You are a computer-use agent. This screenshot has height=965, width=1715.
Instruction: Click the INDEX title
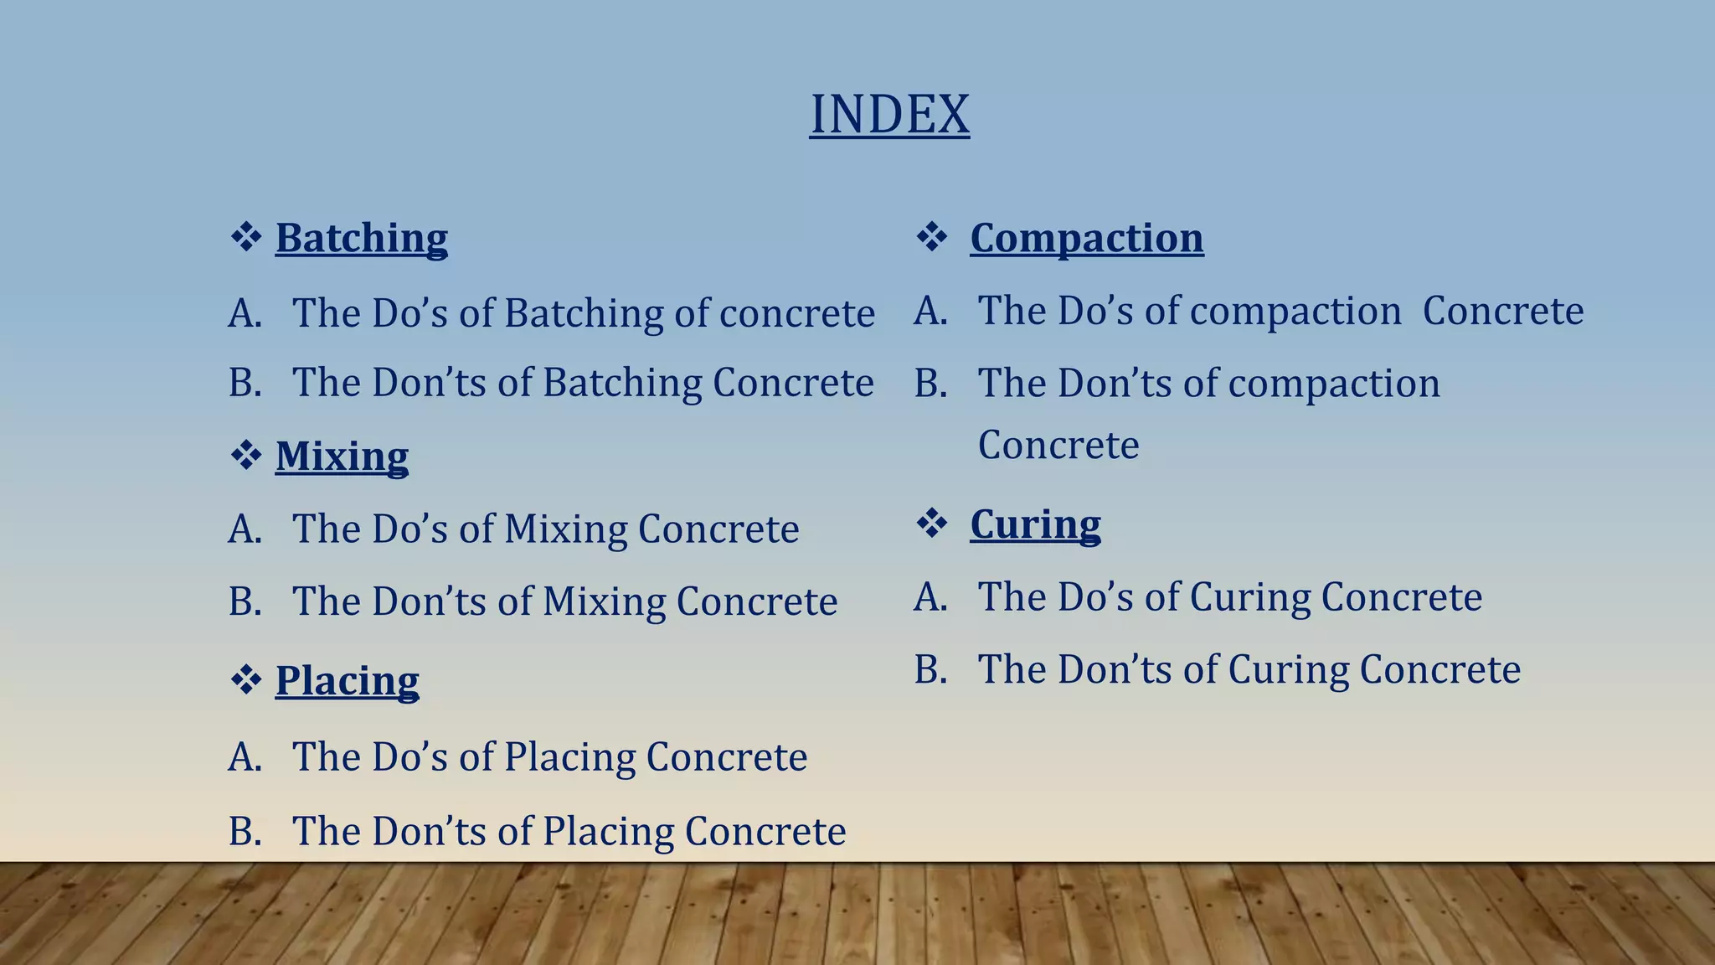pyautogui.click(x=889, y=114)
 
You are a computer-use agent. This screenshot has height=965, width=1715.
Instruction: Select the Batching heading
pyautogui.click(x=362, y=239)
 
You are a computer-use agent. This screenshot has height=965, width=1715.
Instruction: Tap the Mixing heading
pyautogui.click(x=342, y=457)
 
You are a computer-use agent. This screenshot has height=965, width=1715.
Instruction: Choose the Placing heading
pyautogui.click(x=347, y=681)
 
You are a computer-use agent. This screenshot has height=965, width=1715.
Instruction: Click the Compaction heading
pyautogui.click(x=1087, y=239)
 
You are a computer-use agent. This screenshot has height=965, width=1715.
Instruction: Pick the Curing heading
pyautogui.click(x=1036, y=525)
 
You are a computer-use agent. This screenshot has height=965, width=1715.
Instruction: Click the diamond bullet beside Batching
pyautogui.click(x=246, y=237)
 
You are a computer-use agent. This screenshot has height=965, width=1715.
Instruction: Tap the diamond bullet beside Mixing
pyautogui.click(x=246, y=457)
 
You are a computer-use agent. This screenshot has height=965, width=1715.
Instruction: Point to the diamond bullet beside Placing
pyautogui.click(x=246, y=680)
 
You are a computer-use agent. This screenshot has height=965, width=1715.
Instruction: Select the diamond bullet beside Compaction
pyautogui.click(x=932, y=237)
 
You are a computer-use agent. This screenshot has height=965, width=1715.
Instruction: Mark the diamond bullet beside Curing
pyautogui.click(x=932, y=524)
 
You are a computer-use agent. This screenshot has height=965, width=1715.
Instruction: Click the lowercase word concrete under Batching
pyautogui.click(x=797, y=315)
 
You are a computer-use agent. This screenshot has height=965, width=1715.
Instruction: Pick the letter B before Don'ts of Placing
pyautogui.click(x=245, y=832)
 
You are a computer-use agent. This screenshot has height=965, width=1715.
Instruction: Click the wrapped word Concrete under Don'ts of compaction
pyautogui.click(x=1058, y=445)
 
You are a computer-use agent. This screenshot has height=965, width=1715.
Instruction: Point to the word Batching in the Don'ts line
pyautogui.click(x=622, y=384)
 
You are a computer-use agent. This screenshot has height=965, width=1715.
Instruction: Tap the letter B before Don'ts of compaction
pyautogui.click(x=930, y=384)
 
